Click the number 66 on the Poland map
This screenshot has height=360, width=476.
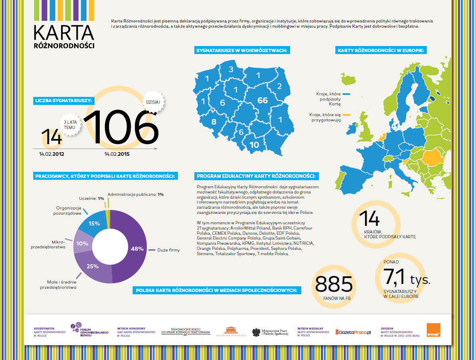pyautogui.click(x=262, y=100)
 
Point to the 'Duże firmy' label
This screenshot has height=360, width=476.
pyautogui.click(x=169, y=250)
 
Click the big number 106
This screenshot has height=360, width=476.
pyautogui.click(x=122, y=127)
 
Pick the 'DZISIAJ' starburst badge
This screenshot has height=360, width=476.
pyautogui.click(x=153, y=102)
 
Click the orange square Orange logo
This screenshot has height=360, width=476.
pyautogui.click(x=433, y=330)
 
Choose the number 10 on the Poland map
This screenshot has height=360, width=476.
pyautogui.click(x=254, y=145)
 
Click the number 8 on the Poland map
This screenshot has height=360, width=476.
pyautogui.click(x=214, y=122)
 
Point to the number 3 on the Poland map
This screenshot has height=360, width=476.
pyautogui.click(x=231, y=69)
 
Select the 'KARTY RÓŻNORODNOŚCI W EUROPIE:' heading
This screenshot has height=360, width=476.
pyautogui.click(x=381, y=50)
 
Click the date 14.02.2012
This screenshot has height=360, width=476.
pyautogui.click(x=52, y=154)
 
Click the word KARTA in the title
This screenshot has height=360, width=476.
pyautogui.click(x=64, y=32)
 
